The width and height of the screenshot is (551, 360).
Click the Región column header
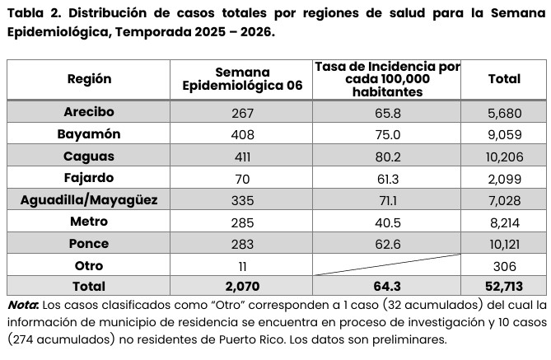click(88, 79)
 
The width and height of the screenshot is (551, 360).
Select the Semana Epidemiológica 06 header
click(242, 79)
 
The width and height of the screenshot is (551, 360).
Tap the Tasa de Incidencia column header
click(387, 79)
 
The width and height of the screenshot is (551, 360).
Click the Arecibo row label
click(88, 112)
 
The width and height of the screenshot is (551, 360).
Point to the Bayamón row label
click(88, 134)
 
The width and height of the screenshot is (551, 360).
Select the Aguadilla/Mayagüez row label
click(88, 199)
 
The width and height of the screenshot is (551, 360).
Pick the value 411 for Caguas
click(242, 157)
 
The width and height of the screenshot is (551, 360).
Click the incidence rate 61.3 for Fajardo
click(387, 178)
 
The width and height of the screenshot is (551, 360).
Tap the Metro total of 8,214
click(504, 222)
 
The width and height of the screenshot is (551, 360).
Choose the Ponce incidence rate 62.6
click(387, 244)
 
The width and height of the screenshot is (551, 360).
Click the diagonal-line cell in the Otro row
click(387, 265)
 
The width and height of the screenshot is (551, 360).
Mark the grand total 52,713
click(504, 287)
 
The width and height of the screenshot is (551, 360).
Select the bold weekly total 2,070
click(242, 287)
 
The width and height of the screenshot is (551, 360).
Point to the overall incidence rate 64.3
click(387, 287)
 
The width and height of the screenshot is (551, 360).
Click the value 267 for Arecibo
click(242, 113)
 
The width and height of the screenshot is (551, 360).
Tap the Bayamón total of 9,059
click(504, 134)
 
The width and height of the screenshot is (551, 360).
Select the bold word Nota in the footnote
click(23, 306)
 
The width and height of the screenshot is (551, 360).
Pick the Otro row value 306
click(504, 265)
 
